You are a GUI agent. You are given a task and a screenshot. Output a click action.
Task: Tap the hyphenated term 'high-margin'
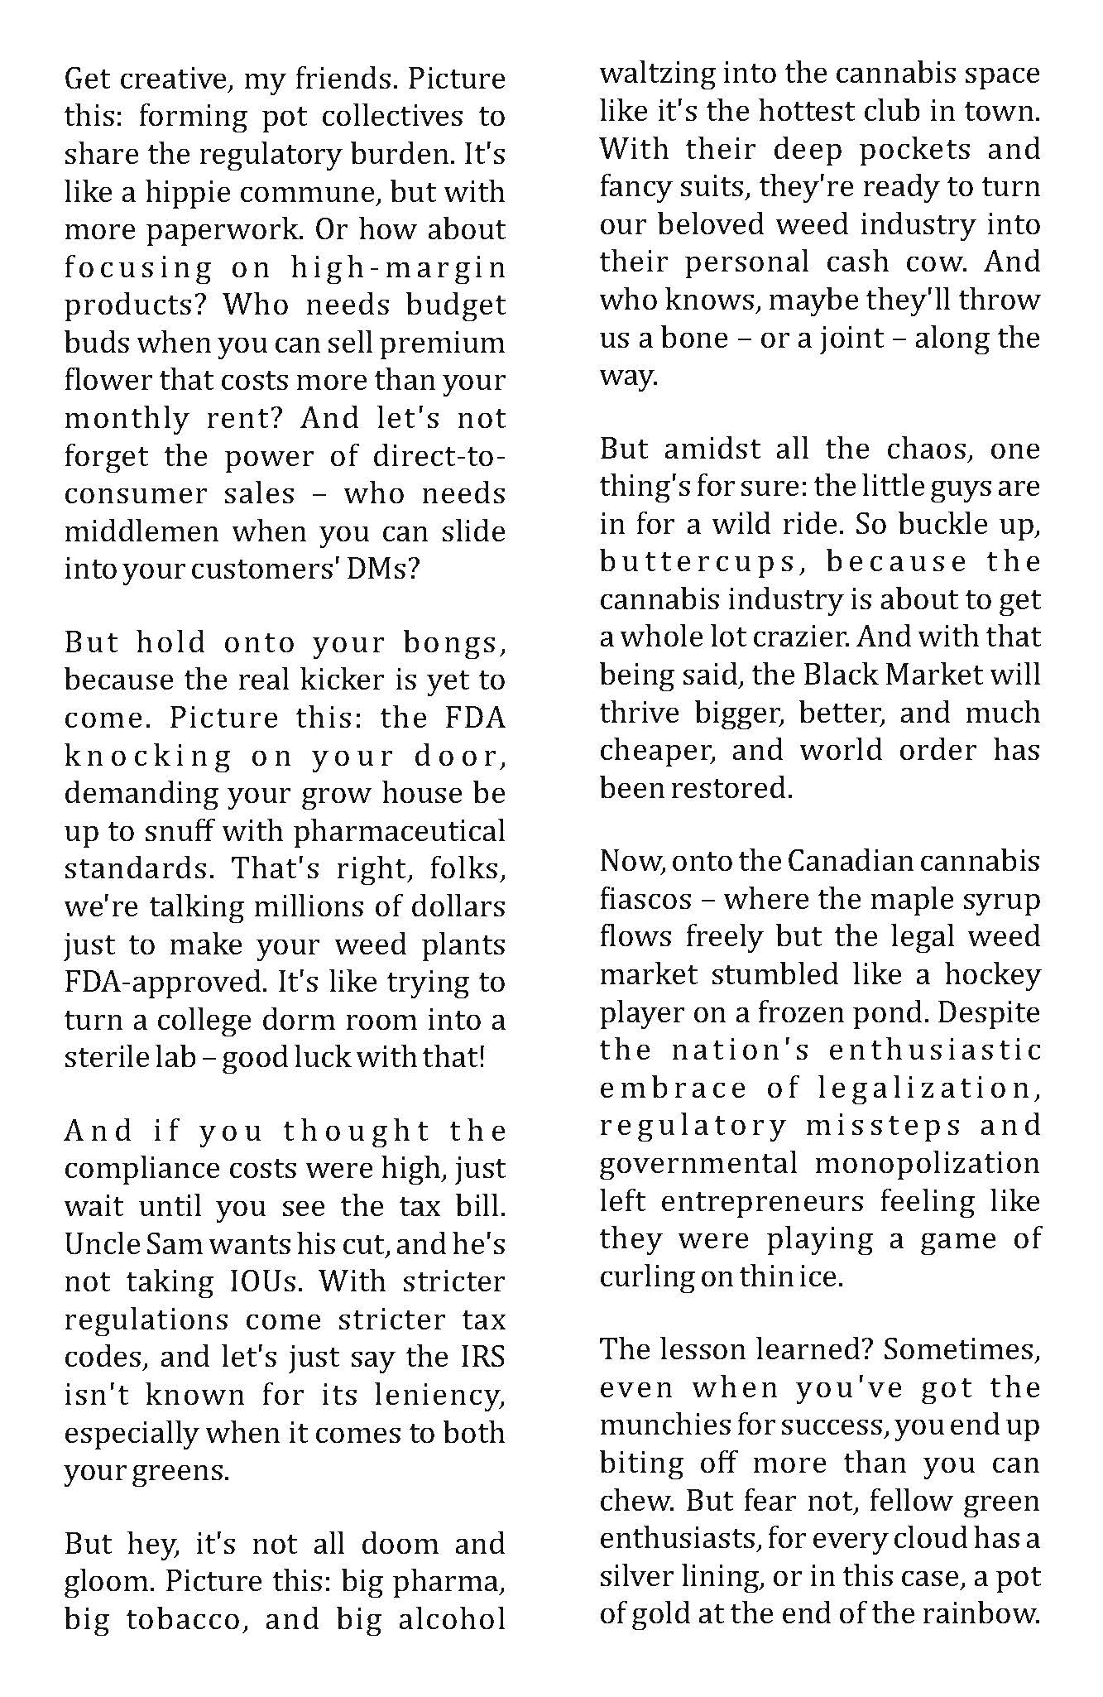[x=398, y=268]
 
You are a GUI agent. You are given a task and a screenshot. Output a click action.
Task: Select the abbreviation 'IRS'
[x=480, y=1358]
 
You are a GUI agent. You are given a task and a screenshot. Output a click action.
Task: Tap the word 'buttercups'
[x=697, y=562]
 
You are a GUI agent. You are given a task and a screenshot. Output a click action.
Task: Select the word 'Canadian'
[x=840, y=862]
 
